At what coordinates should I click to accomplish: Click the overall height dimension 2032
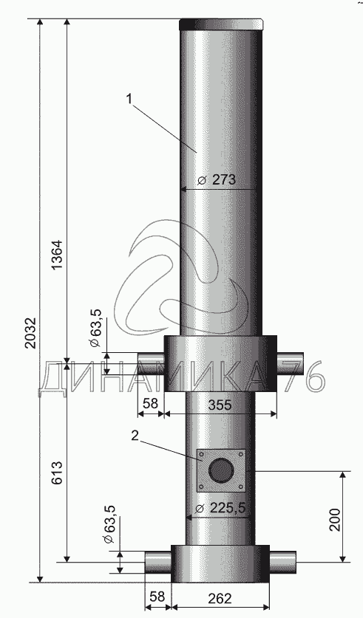[31, 332]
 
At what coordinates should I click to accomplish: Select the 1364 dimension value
[58, 255]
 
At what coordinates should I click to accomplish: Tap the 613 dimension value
[58, 473]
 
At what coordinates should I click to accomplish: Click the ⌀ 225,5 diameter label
[221, 508]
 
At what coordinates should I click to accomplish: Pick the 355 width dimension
[220, 405]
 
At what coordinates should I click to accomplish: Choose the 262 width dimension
[220, 598]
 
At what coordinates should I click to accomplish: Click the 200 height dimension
[335, 520]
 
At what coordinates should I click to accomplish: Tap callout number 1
[129, 99]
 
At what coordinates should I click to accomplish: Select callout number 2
[135, 436]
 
